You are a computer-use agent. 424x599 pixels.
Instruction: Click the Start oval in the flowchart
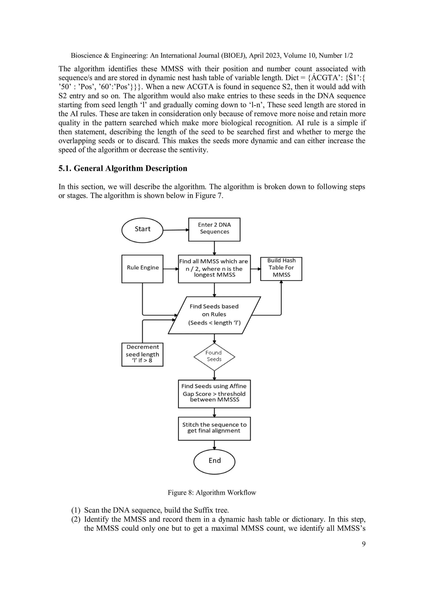pos(142,230)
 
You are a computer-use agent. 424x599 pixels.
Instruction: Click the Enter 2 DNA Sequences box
pos(214,229)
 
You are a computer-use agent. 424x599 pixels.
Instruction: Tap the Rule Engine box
pos(142,269)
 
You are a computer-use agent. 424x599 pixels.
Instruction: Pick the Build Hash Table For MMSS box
pos(281,269)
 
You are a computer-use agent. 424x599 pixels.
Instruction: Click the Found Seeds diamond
pos(214,357)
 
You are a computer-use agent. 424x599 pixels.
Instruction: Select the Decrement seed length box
pos(142,354)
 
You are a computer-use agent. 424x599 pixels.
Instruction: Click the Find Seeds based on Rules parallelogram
pos(214,315)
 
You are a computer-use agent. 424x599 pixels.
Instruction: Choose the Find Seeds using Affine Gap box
pos(214,394)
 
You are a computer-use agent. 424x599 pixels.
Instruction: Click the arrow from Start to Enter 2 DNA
pos(176,230)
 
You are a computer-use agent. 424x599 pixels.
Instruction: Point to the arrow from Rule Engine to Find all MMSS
pos(171,269)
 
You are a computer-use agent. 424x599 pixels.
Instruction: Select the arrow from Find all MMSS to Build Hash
pos(255,269)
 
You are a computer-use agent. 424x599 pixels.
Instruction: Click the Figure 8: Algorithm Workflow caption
pos(212,493)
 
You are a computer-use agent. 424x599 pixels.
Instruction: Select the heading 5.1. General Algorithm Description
pos(123,168)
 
